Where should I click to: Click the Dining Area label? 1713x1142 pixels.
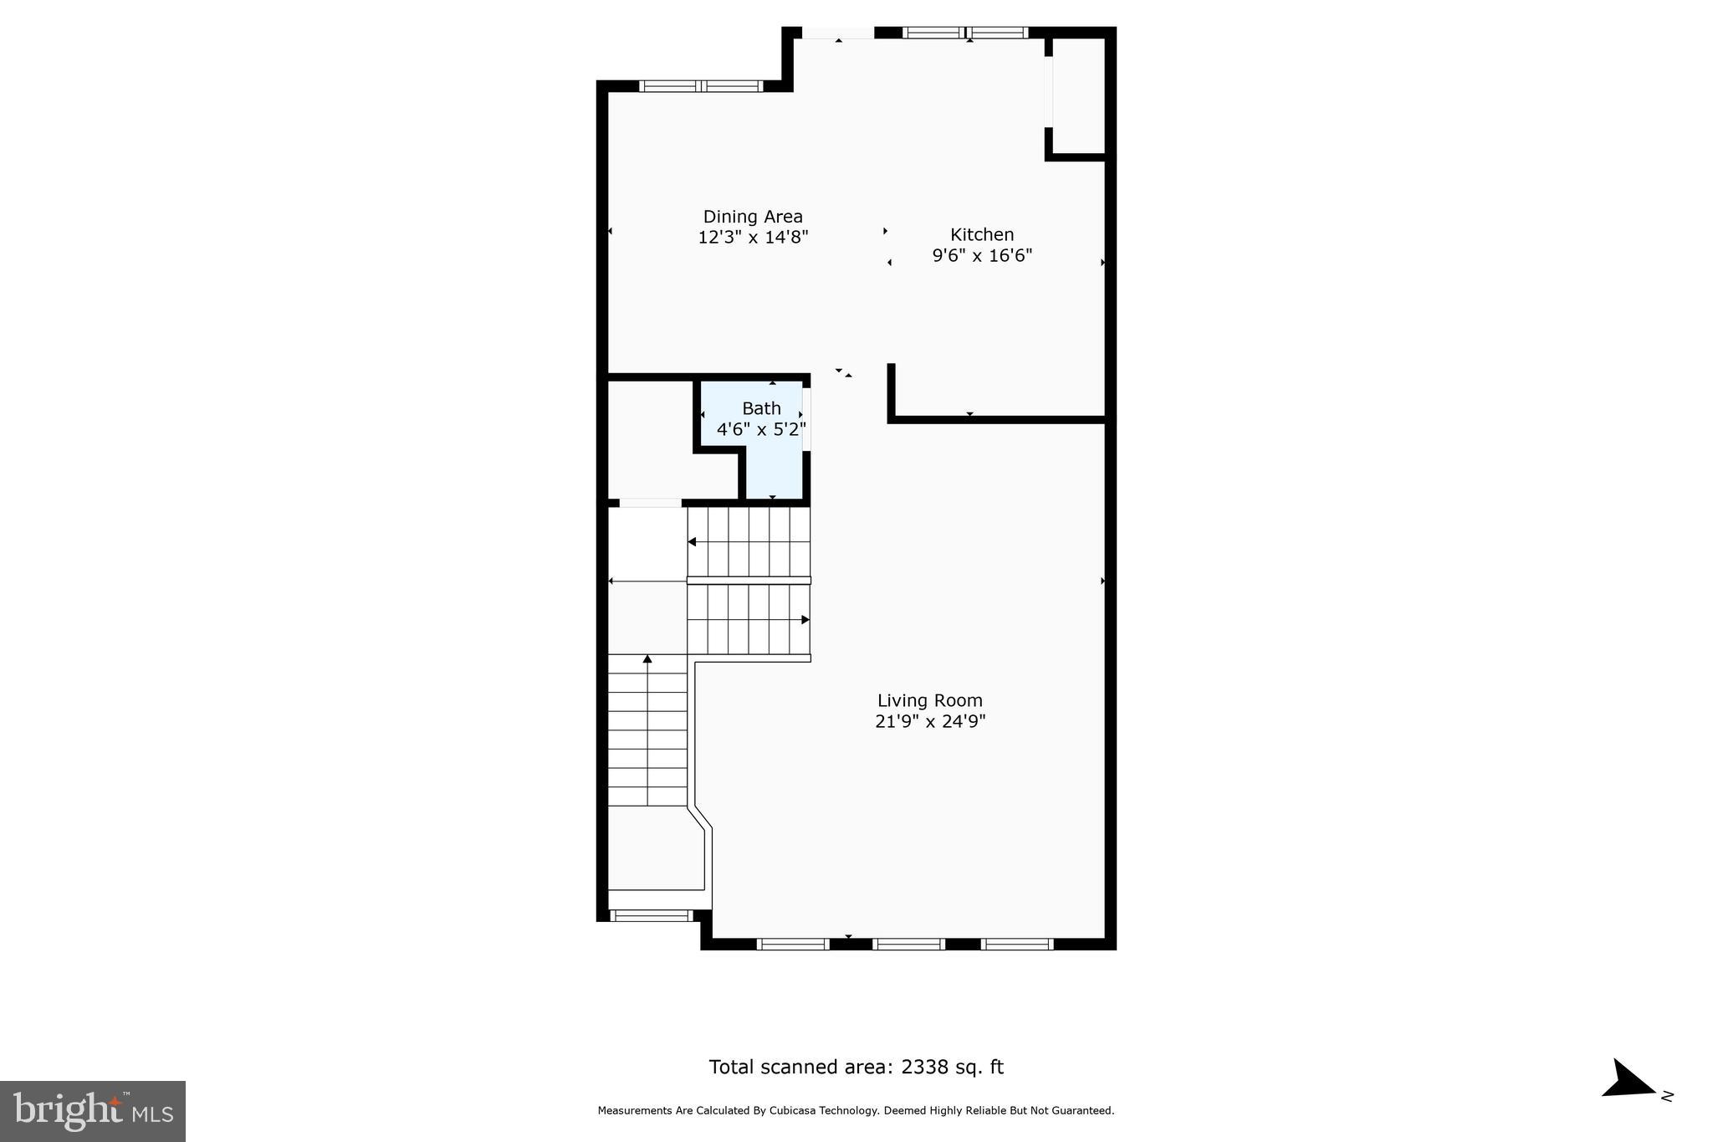pyautogui.click(x=753, y=217)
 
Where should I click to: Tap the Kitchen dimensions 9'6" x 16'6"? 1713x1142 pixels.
pyautogui.click(x=982, y=255)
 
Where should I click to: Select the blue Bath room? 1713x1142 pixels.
pyautogui.click(x=772, y=469)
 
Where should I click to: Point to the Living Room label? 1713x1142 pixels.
pyautogui.click(x=929, y=700)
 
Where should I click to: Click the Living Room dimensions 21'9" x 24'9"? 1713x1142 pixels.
pyautogui.click(x=930, y=721)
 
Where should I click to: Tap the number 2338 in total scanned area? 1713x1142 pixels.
pyautogui.click(x=924, y=1067)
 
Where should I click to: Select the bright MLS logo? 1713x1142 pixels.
pyautogui.click(x=93, y=1111)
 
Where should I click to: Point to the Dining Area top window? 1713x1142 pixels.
pyautogui.click(x=701, y=85)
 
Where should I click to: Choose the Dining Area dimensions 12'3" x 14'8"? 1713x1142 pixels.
pyautogui.click(x=753, y=238)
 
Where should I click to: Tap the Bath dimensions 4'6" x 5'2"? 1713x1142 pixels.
pyautogui.click(x=761, y=430)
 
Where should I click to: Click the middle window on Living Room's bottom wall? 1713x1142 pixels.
pyautogui.click(x=908, y=944)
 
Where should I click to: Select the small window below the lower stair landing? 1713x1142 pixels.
pyautogui.click(x=651, y=915)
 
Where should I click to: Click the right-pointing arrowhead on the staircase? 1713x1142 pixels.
pyautogui.click(x=805, y=620)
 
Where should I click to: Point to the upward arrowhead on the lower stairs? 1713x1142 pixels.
pyautogui.click(x=647, y=659)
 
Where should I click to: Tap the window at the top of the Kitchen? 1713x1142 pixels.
pyautogui.click(x=966, y=33)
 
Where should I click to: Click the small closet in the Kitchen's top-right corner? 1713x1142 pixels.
pyautogui.click(x=1079, y=96)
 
